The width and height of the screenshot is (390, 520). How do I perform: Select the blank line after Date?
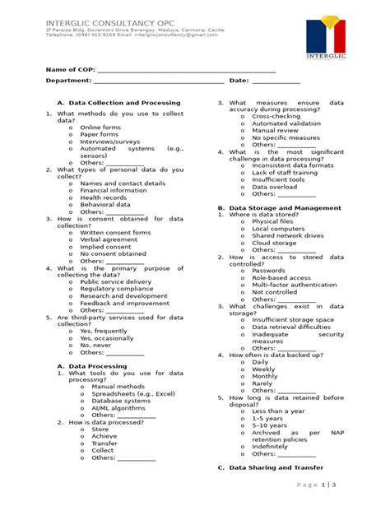(x=275, y=81)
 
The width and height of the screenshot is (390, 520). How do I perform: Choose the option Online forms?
(x=100, y=128)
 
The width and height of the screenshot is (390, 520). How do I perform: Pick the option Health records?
(x=104, y=197)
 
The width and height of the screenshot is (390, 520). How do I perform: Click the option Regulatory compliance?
(x=116, y=289)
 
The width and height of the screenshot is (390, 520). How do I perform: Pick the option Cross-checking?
(x=276, y=117)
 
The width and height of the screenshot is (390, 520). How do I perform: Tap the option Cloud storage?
(x=274, y=243)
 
